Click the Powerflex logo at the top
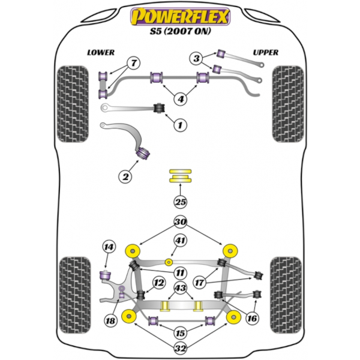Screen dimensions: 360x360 [180, 17]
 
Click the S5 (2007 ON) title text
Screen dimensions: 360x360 [180, 34]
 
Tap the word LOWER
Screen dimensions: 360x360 [100, 52]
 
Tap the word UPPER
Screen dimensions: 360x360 [265, 52]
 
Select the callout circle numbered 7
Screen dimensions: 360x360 [133, 62]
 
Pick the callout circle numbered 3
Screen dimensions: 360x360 [197, 58]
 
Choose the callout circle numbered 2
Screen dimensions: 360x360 [125, 176]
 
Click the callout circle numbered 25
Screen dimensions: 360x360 [180, 202]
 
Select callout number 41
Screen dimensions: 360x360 [180, 241]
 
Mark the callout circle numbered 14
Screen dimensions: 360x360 [108, 246]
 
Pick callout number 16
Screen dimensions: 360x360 [253, 319]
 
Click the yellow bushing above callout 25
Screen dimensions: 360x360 [179, 177]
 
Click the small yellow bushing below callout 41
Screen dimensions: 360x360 [169, 262]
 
